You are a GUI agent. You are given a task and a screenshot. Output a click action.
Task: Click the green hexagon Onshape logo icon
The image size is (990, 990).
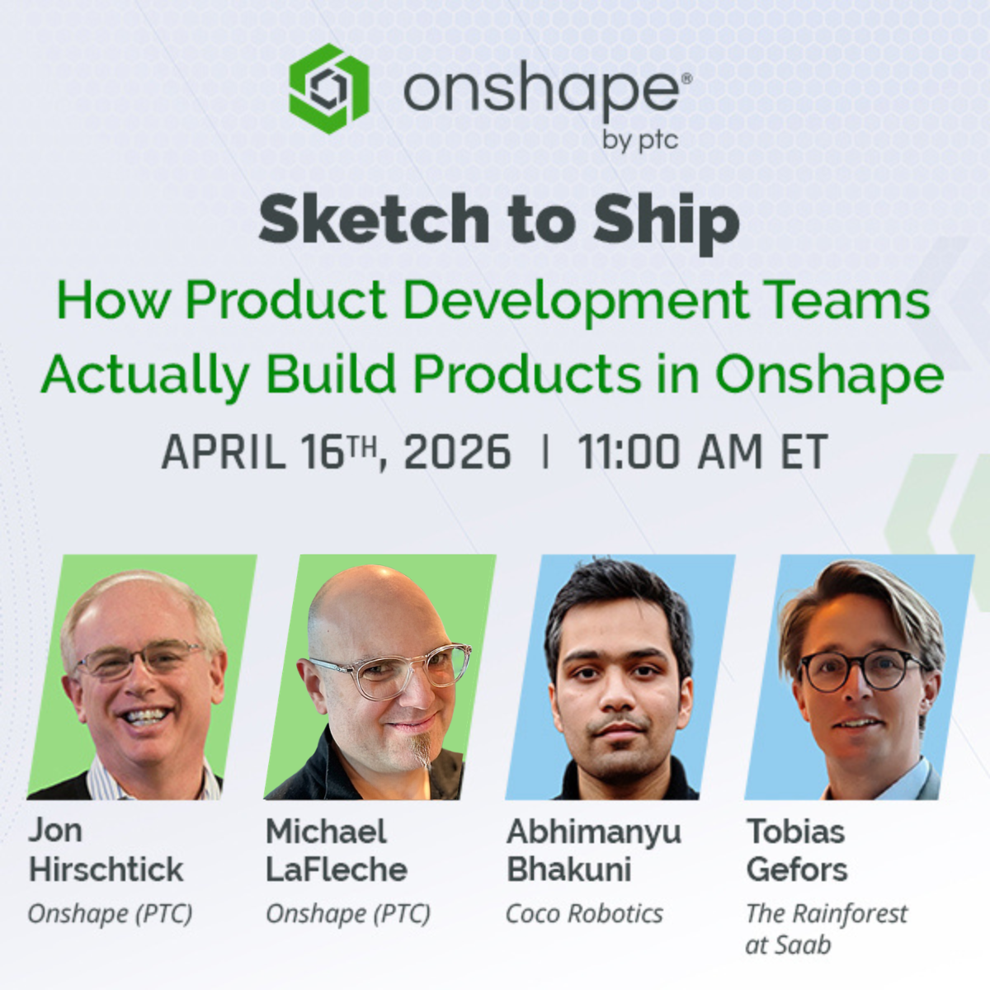click(329, 88)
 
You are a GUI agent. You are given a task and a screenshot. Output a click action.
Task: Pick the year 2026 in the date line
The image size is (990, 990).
click(457, 451)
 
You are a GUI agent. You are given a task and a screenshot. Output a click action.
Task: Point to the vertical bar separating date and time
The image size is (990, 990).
click(545, 451)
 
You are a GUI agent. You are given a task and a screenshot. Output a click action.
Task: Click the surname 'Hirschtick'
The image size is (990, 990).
click(106, 870)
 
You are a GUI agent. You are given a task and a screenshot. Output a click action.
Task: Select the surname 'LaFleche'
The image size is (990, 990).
click(337, 870)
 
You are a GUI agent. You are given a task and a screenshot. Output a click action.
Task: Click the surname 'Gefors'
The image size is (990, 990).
click(797, 870)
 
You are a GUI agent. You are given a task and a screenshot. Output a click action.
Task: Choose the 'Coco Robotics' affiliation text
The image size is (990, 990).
click(585, 914)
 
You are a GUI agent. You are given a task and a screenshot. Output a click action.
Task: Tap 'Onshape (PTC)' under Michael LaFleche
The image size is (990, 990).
click(348, 914)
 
